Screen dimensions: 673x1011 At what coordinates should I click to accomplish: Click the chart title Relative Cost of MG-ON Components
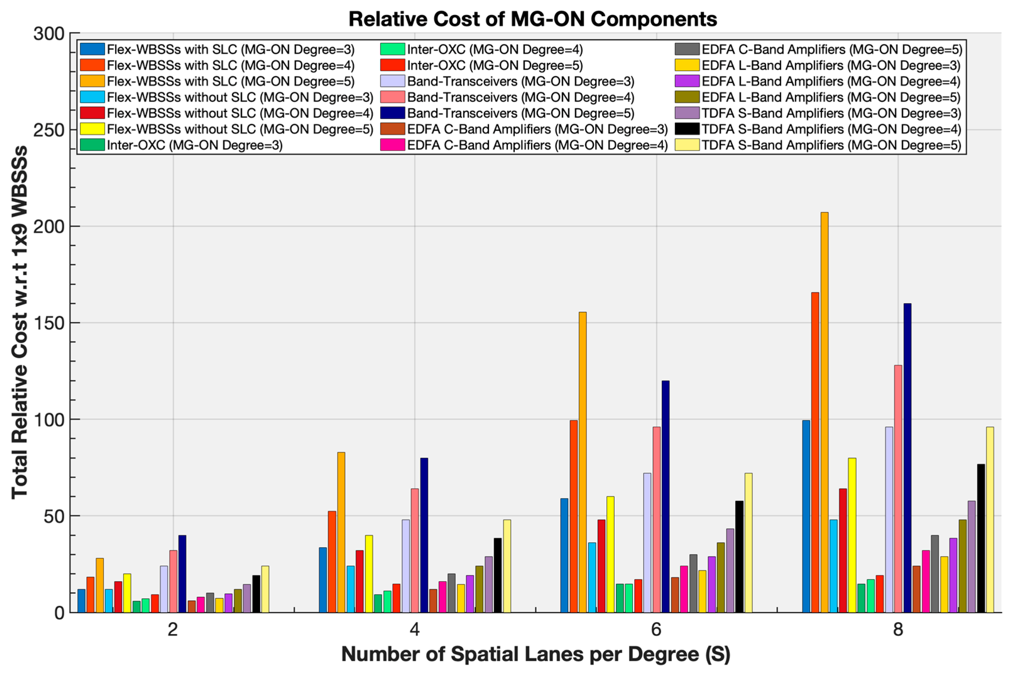[532, 19]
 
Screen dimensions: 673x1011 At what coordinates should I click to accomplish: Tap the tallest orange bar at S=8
[824, 412]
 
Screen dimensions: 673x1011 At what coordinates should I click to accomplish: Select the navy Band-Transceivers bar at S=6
[665, 496]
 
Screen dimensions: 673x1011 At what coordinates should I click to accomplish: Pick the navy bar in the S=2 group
[182, 573]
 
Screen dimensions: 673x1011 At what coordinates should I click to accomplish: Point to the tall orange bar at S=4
[341, 532]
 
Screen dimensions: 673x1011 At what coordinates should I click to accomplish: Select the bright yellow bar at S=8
[852, 535]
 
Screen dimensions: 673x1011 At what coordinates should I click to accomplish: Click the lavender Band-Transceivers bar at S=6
[647, 543]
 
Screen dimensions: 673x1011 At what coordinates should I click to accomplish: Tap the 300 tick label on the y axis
[48, 34]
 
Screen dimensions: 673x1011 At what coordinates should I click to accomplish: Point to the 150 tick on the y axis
[48, 323]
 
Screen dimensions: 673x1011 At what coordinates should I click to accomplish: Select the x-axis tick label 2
[172, 630]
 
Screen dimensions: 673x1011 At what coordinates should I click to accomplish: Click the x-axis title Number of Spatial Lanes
[535, 654]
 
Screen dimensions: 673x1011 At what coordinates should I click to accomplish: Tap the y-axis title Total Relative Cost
[19, 322]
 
